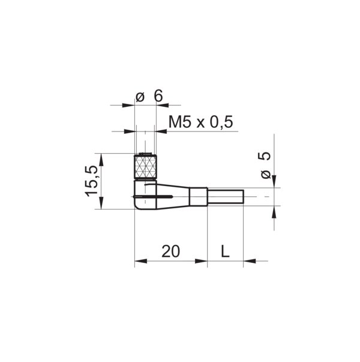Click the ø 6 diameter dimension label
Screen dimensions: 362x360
click(x=149, y=96)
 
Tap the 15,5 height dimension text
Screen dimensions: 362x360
click(x=92, y=181)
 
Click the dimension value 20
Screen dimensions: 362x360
click(x=171, y=251)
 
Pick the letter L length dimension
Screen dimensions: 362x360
click(x=225, y=251)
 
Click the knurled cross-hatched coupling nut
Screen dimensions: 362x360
click(x=145, y=166)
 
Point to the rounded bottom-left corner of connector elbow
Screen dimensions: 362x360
click(x=137, y=206)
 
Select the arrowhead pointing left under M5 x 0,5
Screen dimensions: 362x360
click(x=161, y=131)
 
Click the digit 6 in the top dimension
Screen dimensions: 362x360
click(x=158, y=96)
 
